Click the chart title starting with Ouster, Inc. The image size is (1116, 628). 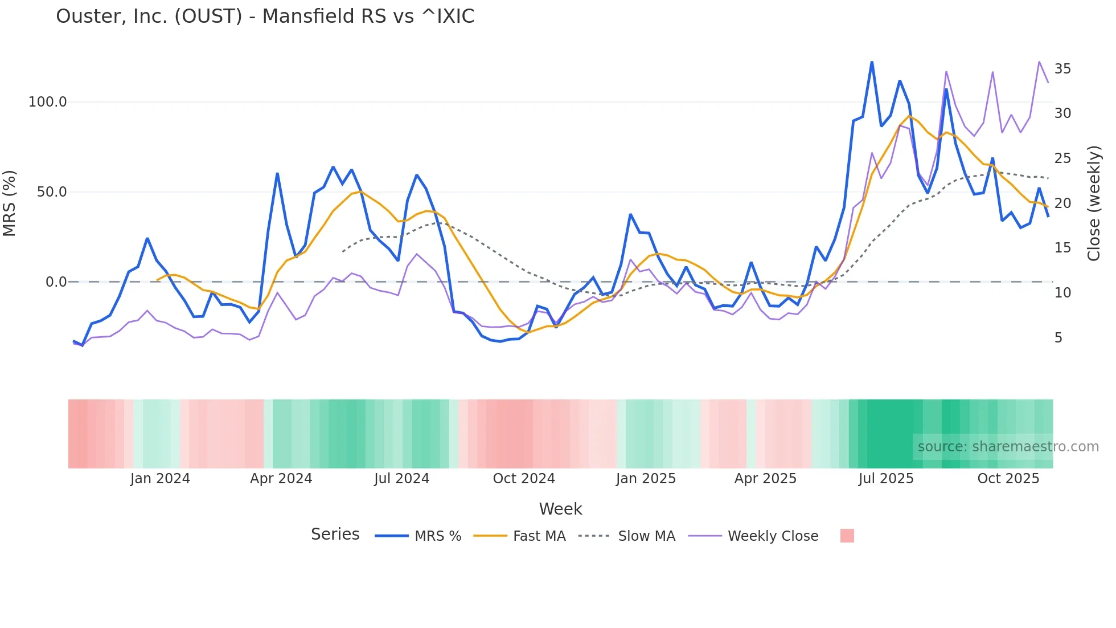click(265, 17)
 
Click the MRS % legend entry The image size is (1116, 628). click(437, 536)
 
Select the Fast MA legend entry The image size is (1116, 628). click(539, 536)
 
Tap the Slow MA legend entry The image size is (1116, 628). click(646, 536)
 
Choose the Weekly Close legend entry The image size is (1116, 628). click(773, 536)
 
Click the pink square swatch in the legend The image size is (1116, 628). click(847, 536)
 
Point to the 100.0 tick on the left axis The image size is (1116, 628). click(47, 102)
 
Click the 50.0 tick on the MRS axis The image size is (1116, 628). click(51, 192)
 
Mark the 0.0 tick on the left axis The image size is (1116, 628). click(56, 282)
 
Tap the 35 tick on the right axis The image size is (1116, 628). click(1062, 69)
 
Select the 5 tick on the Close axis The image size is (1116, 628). click(1058, 338)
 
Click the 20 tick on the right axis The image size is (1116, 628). click(1062, 203)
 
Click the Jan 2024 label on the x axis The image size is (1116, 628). click(160, 479)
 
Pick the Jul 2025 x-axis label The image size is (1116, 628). click(886, 479)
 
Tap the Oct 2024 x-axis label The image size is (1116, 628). click(524, 479)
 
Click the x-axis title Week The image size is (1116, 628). click(560, 509)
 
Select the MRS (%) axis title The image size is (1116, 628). click(10, 203)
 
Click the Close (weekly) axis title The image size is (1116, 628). click(1094, 203)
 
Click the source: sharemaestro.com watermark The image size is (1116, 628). click(1008, 447)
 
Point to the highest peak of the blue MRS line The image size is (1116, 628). click(872, 62)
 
